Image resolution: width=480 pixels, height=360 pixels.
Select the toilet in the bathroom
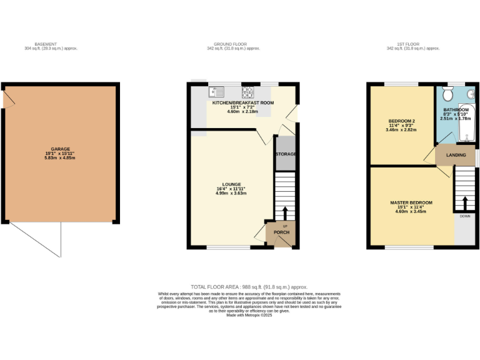point(446,94)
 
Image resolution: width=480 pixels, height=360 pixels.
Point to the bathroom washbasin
point(471,94)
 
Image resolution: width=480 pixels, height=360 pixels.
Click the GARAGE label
point(60,149)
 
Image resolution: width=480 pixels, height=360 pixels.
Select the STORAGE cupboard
point(285,154)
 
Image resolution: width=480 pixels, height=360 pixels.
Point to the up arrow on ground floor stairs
point(286,212)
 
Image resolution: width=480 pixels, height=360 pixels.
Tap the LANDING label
point(455,154)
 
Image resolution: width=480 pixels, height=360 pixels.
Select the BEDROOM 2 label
point(401,121)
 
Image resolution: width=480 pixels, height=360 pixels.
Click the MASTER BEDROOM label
point(411,202)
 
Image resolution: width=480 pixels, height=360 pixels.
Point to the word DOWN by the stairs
point(465,216)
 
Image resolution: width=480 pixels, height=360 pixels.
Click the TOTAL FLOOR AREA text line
point(243,285)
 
